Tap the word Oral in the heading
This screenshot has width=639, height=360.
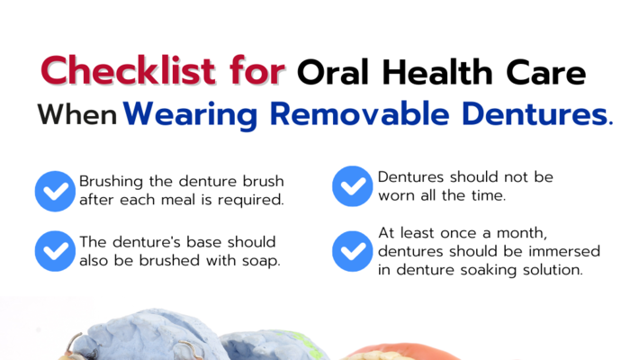tap(334, 73)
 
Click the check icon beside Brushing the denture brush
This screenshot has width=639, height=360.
tap(55, 191)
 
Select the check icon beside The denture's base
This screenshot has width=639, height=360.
tap(55, 251)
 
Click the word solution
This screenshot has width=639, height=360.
tap(553, 269)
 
